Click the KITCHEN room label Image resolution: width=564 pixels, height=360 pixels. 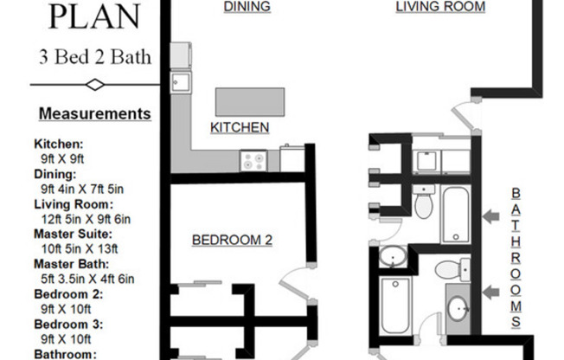click(x=240, y=127)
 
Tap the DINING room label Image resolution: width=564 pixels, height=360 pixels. click(x=247, y=6)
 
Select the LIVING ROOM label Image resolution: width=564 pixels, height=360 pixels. click(x=440, y=6)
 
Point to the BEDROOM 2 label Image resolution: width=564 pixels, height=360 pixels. click(x=232, y=240)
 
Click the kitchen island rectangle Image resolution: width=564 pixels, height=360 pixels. click(x=250, y=102)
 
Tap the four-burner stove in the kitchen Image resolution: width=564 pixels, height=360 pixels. click(x=253, y=161)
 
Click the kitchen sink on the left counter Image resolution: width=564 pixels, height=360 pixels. click(x=181, y=83)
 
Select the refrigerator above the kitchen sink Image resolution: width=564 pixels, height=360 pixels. click(x=181, y=55)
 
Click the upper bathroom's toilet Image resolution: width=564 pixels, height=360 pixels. click(x=424, y=201)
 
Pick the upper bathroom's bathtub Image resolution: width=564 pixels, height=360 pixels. click(x=456, y=215)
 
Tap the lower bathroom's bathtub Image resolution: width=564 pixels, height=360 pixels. click(x=395, y=305)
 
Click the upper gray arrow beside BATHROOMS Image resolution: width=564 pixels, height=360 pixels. click(x=490, y=216)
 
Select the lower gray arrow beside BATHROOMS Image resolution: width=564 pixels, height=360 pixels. click(x=490, y=292)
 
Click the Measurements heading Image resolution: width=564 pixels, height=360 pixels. click(x=95, y=113)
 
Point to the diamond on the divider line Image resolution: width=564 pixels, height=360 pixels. click(x=95, y=85)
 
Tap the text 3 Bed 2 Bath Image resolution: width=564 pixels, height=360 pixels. click(x=95, y=57)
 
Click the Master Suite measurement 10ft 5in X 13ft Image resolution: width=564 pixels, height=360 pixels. click(x=80, y=248)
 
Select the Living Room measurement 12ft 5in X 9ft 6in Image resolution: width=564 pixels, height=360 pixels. click(x=86, y=219)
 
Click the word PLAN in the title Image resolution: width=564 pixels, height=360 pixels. click(x=94, y=16)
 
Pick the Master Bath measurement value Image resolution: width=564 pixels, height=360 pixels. click(x=87, y=279)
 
